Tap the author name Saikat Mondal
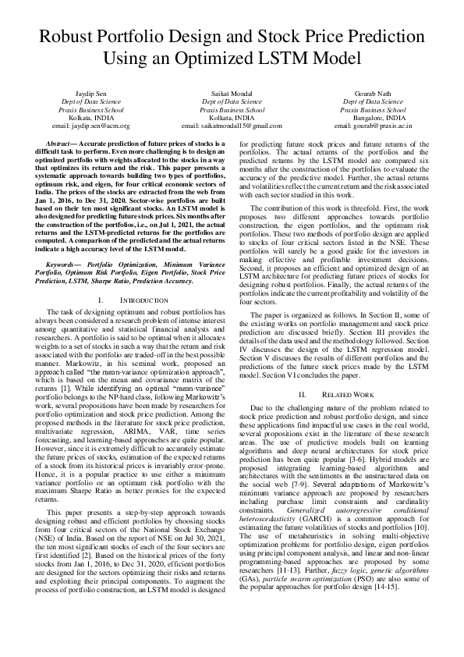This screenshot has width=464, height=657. coord(231,93)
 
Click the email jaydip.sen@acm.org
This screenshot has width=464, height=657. coord(90,125)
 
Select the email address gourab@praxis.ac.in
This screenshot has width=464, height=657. coord(373,125)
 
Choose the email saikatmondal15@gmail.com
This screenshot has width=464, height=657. coord(231,125)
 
